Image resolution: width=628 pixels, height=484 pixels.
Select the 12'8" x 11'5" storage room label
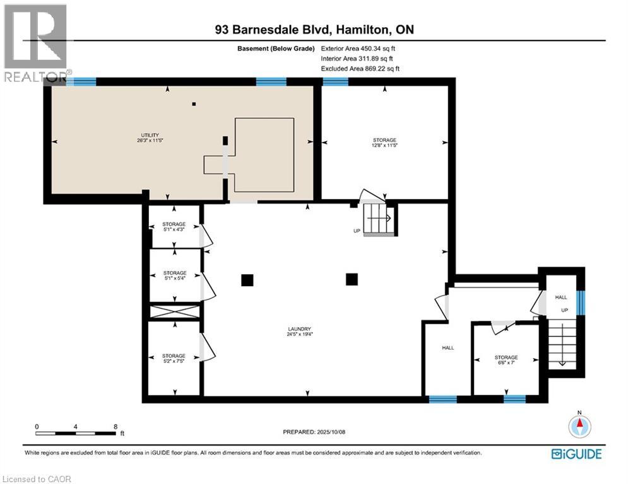[384, 142]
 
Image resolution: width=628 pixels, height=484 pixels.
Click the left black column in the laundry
[247, 280]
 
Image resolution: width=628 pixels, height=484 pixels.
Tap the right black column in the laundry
[352, 279]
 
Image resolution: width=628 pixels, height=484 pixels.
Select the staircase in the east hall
[560, 343]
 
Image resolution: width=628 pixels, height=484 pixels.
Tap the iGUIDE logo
[576, 454]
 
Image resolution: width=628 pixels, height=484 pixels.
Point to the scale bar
[76, 433]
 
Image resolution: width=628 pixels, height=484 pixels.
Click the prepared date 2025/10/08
[314, 432]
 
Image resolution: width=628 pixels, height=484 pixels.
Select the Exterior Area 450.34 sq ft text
[360, 48]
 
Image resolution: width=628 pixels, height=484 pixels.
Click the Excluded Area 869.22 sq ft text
[360, 69]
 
